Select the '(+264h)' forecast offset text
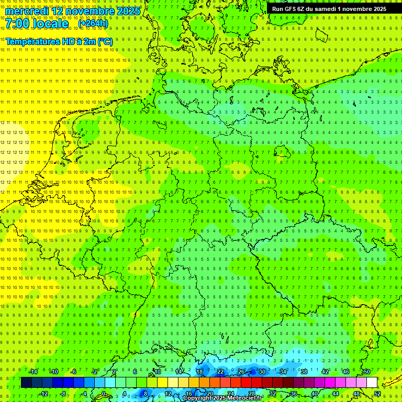[x=93, y=24]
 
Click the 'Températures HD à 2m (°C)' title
[x=59, y=41]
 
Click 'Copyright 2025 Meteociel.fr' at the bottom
[x=222, y=398]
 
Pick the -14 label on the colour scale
[x=33, y=372]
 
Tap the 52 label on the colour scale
[x=377, y=394]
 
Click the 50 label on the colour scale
[x=367, y=372]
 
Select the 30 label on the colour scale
[x=262, y=372]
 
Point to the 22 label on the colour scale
[x=220, y=372]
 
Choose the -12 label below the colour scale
[x=43, y=394]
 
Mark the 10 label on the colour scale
[x=158, y=372]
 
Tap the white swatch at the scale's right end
[x=372, y=383]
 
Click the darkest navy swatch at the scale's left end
[x=26, y=383]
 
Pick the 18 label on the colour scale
[x=199, y=372]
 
